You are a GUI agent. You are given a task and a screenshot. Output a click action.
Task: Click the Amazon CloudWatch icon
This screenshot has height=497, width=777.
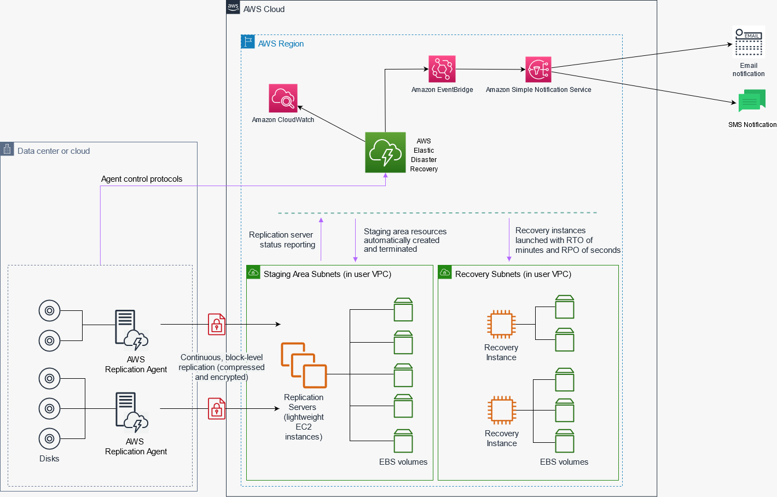point(283,98)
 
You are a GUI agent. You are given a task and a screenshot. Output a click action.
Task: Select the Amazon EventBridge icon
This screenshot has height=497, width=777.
point(442,69)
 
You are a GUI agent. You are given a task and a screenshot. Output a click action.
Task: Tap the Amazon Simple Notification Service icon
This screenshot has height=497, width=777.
point(538,70)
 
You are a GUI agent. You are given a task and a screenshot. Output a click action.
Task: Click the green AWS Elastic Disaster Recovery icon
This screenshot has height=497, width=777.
point(385,152)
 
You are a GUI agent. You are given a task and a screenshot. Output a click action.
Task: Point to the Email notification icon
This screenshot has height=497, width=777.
point(749,42)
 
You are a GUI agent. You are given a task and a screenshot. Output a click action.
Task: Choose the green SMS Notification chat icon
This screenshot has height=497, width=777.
point(752,101)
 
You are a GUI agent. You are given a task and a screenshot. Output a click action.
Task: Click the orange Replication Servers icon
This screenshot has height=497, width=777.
point(304,365)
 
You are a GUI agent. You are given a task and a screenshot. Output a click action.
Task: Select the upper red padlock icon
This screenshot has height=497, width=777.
point(217,325)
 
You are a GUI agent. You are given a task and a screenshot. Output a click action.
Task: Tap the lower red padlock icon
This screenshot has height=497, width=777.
point(217,409)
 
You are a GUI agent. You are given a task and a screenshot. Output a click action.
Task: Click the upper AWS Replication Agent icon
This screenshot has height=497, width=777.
point(131,330)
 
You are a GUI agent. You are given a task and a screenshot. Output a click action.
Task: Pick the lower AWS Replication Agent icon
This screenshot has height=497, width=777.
point(131,412)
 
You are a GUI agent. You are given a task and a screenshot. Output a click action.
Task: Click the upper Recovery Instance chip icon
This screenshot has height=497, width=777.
point(501,323)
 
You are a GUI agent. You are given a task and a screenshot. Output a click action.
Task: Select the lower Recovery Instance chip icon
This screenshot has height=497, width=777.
point(502,410)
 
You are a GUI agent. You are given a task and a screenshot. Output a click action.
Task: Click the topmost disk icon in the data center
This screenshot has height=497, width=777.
point(49,311)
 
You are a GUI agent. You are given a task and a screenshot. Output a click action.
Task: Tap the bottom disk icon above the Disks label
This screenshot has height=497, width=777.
point(49,438)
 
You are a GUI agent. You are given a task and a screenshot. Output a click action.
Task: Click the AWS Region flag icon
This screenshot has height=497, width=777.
point(248,42)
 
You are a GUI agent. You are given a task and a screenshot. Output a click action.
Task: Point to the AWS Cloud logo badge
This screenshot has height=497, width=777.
point(233,7)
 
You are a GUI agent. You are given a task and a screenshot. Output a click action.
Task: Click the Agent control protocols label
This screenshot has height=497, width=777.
point(142,179)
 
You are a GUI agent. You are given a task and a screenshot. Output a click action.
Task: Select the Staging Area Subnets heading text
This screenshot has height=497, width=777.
point(327,274)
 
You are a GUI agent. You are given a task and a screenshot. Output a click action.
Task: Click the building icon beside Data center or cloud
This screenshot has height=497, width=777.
point(7,149)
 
